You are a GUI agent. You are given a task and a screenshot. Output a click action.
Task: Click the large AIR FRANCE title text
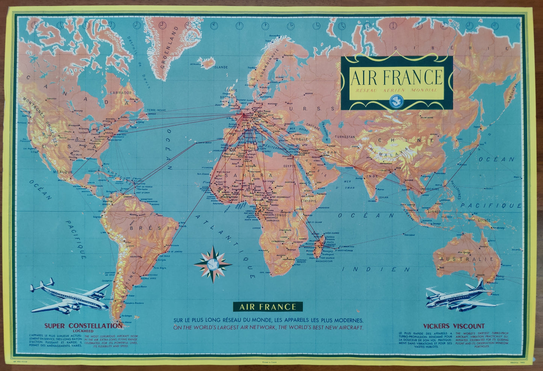396,77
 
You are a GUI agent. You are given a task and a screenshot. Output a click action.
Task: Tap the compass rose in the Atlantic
213,264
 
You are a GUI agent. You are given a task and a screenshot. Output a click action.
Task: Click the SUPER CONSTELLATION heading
83,326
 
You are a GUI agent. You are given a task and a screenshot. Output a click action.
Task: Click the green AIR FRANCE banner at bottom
268,307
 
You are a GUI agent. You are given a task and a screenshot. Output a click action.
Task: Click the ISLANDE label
221,67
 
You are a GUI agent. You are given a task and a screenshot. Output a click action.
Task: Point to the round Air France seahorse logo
396,100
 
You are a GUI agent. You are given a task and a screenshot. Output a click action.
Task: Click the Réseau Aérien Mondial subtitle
396,91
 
